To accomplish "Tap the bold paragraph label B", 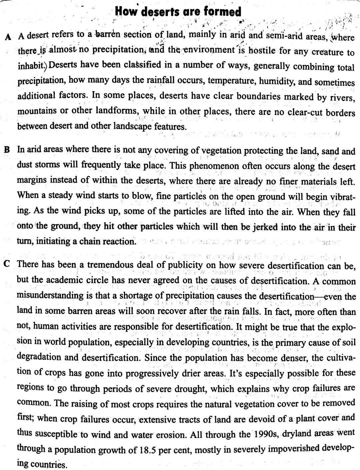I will coord(6,149).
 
